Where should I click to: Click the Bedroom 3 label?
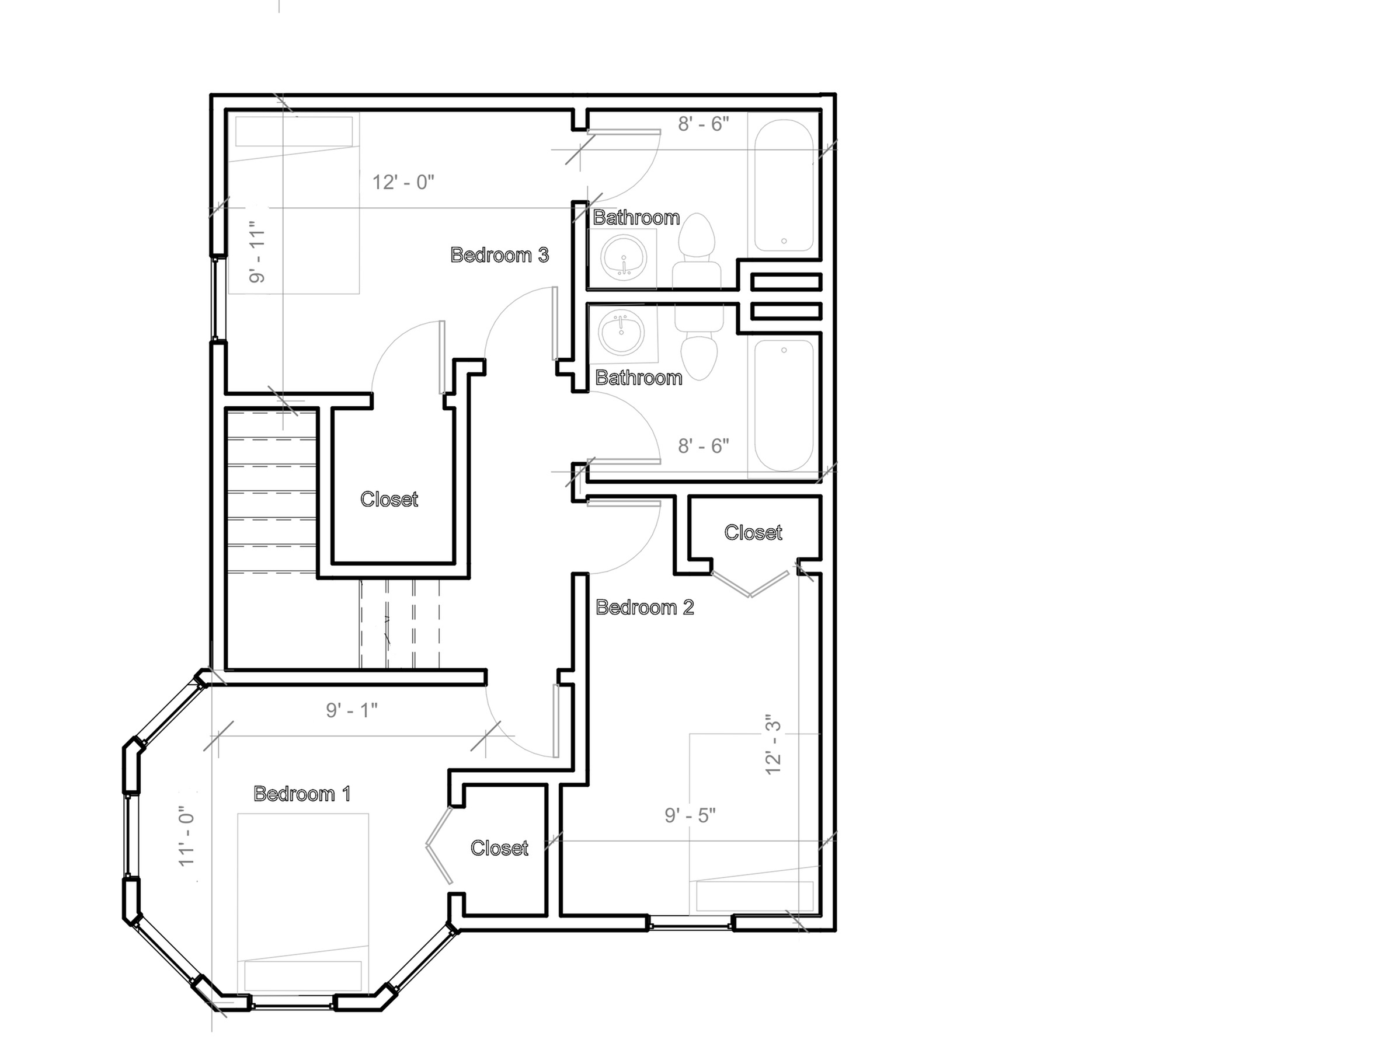499,255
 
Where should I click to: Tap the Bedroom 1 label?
302,793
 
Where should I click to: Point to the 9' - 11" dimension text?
257,252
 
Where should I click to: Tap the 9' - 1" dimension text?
352,710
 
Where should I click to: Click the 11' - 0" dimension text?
187,836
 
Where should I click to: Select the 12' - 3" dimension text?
773,744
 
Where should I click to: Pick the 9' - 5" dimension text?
690,815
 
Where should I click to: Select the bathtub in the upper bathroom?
784,186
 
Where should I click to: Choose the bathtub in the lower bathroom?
784,406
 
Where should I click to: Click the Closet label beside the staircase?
389,499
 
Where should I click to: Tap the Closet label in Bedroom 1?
499,847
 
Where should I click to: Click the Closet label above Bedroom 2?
753,532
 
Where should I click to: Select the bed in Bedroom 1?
303,906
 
